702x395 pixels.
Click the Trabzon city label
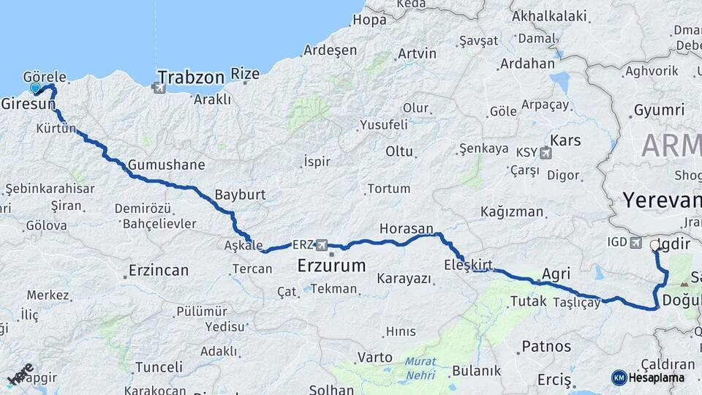pos(191,77)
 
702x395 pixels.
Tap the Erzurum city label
pos(331,266)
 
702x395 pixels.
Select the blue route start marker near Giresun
pos(35,89)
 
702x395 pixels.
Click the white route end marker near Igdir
pos(654,246)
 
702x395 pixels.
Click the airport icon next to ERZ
pos(320,244)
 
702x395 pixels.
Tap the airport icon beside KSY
pos(544,153)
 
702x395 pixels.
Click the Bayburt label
pos(240,195)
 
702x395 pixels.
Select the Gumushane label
pos(166,165)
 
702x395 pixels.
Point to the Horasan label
pos(406,229)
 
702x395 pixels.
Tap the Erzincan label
pos(159,270)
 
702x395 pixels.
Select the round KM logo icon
pos(619,377)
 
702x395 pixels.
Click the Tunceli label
pos(159,366)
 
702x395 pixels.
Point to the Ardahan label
pos(527,64)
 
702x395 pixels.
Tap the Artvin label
pos(417,53)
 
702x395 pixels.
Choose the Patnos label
pos(546,346)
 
